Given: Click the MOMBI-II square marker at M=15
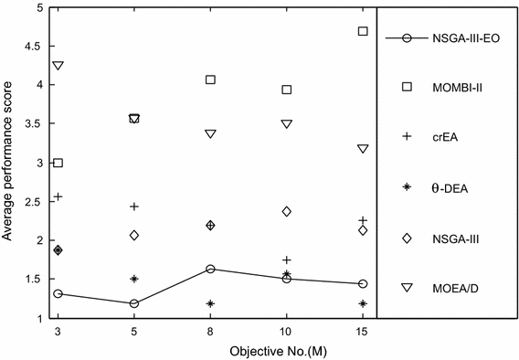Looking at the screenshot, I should (363, 31).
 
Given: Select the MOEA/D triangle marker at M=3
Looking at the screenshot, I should (58, 66).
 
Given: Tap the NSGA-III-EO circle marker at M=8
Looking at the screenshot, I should (210, 269).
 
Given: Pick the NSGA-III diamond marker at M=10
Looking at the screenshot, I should (287, 211).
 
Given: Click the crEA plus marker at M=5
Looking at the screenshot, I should (134, 206).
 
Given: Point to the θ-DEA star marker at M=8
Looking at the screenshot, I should (210, 303).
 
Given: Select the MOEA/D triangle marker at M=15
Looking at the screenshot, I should (363, 148).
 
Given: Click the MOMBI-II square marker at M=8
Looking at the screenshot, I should (210, 79).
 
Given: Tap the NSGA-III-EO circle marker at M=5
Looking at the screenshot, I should (134, 303).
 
